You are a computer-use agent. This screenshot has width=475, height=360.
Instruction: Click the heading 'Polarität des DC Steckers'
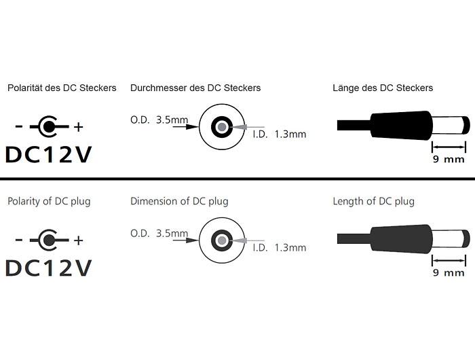coord(62,88)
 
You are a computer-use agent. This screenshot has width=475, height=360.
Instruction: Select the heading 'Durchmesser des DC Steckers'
coord(195,88)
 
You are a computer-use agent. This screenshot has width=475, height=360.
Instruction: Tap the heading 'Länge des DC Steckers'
coord(383,88)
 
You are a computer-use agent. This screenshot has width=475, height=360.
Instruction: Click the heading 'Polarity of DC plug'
coord(49,201)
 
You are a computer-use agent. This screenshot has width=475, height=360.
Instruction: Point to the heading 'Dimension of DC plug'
coord(179,201)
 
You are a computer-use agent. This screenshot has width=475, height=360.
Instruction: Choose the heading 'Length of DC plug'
coord(373,201)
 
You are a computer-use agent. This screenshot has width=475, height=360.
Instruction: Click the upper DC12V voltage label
coord(48,155)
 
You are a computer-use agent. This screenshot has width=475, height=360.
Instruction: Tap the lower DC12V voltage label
coord(48,268)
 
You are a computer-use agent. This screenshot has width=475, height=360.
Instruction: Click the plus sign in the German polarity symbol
coord(79,127)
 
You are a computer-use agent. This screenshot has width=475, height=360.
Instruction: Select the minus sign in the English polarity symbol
coord(18,240)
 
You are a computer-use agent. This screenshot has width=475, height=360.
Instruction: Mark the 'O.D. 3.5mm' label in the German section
coord(159,120)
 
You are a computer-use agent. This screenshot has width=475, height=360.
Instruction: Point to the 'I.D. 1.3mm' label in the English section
coord(280,248)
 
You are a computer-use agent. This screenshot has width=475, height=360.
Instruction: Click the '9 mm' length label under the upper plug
coord(449,159)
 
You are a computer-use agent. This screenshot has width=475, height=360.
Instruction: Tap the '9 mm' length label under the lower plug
coord(449,272)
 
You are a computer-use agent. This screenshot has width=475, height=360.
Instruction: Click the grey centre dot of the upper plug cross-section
coord(222,127)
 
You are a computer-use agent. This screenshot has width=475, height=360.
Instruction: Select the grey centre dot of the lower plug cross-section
coord(222,240)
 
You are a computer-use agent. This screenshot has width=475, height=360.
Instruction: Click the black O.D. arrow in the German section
coord(186,126)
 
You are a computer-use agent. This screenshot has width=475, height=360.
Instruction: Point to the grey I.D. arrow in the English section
coord(247,240)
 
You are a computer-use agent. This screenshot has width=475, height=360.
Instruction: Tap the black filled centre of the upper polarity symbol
coord(47,126)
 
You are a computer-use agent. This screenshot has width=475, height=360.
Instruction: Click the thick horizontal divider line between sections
coord(237,179)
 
